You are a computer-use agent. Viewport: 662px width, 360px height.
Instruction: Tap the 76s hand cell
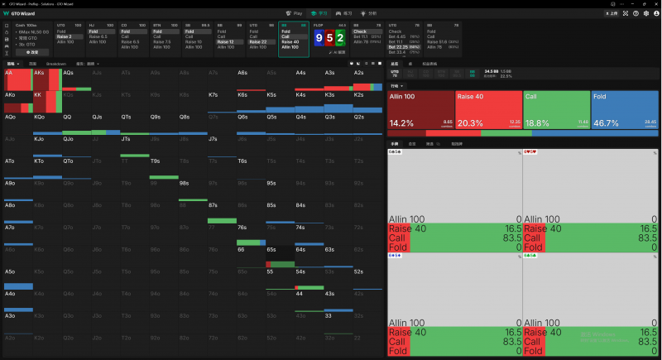click(x=251, y=233)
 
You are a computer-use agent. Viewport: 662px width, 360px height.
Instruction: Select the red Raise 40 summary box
click(x=488, y=110)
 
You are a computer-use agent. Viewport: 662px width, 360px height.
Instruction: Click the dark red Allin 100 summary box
click(x=420, y=110)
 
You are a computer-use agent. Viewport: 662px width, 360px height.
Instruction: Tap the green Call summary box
click(x=556, y=110)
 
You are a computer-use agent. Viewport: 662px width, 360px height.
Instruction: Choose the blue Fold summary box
click(x=625, y=110)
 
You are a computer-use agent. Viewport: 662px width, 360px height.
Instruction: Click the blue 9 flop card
click(x=320, y=38)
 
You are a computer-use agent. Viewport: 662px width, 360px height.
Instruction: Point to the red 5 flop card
click(x=330, y=38)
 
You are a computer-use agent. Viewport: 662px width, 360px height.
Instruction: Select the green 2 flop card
click(x=340, y=38)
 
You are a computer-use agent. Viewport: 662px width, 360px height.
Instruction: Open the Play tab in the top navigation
click(x=294, y=14)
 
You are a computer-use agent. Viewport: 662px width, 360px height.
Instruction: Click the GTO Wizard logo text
click(x=22, y=14)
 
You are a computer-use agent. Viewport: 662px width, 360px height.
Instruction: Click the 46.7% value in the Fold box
click(x=607, y=122)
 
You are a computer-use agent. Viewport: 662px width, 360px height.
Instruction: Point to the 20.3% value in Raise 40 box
click(x=469, y=122)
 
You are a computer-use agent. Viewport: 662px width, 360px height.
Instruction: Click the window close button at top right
click(x=657, y=3)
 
